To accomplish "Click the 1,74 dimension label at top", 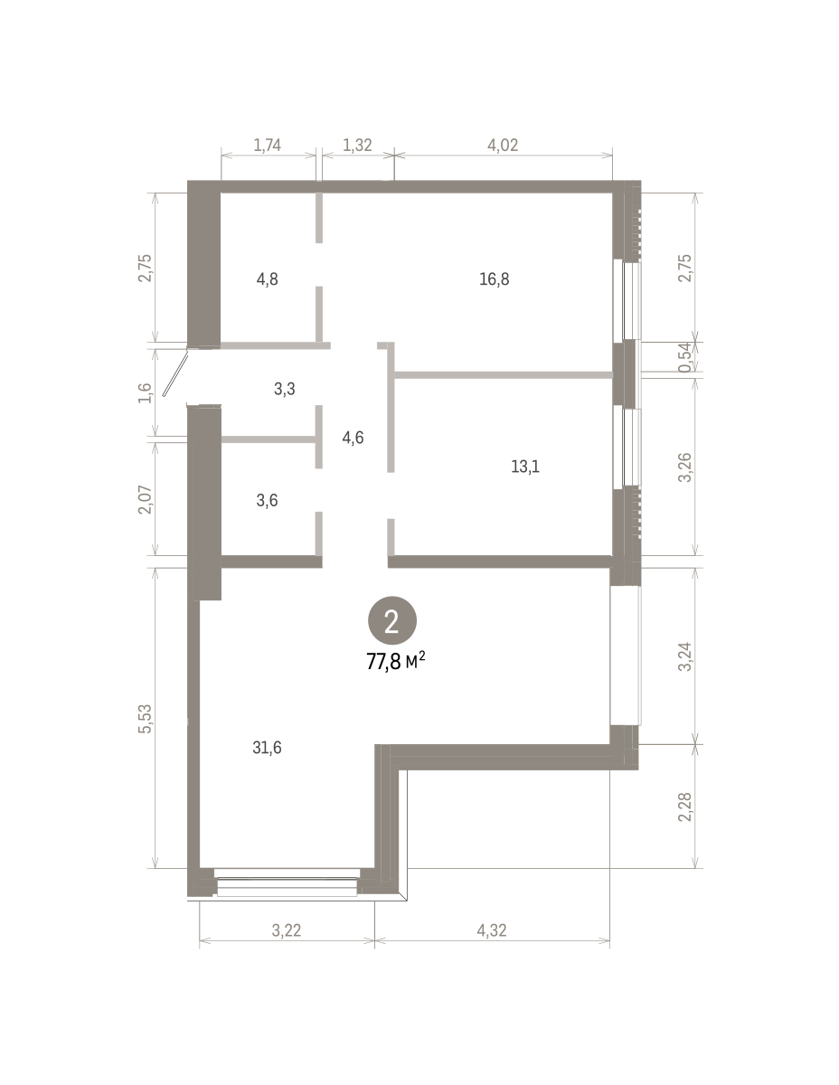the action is (267, 146).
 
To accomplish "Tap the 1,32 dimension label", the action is (357, 146).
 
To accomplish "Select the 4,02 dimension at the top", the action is (503, 146).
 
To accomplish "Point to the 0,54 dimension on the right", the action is (686, 356).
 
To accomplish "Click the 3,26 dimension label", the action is (686, 467).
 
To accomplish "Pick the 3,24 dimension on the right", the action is (686, 656).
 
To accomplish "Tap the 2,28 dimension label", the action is (686, 807).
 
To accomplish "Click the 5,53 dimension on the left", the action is (145, 719).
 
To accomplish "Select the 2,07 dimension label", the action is (145, 499).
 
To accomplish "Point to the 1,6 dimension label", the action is (145, 392).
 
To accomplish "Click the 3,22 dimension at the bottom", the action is (287, 930).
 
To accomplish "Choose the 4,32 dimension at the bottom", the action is (492, 930).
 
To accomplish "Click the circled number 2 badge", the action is (391, 620).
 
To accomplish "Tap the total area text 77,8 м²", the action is (396, 662).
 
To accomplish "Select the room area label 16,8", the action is (495, 279).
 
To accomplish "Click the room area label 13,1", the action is (525, 467).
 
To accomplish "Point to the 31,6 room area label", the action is (267, 748).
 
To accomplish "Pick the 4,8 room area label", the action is (267, 279).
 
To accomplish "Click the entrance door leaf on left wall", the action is (175, 374).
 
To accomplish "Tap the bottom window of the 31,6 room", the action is (287, 885).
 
